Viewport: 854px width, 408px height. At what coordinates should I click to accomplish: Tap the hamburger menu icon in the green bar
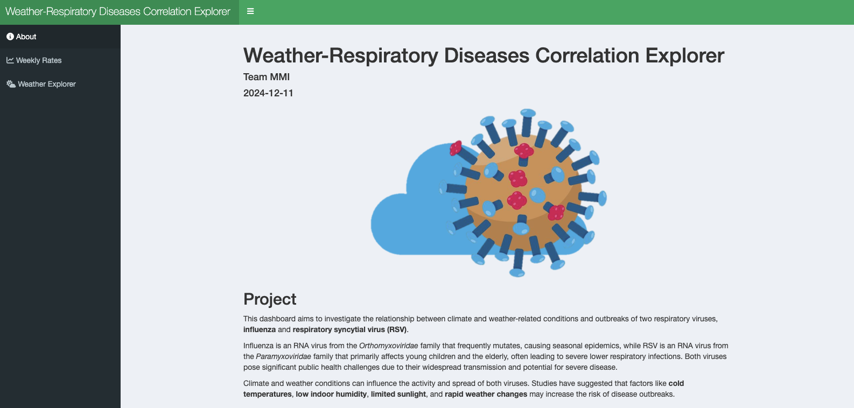250,11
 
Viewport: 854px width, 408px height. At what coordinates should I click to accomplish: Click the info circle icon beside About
10,37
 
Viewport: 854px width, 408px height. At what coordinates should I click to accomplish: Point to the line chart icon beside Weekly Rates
10,60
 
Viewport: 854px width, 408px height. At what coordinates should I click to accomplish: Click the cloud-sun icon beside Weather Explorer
11,84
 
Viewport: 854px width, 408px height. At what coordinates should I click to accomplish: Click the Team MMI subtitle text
267,77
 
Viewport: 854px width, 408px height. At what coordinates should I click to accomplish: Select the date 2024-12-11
268,93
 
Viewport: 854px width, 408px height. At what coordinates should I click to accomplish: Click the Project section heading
270,299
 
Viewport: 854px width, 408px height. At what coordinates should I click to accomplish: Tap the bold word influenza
259,329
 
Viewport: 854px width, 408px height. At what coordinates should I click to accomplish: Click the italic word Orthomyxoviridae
388,346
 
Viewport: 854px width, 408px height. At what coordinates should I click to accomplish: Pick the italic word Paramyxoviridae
283,356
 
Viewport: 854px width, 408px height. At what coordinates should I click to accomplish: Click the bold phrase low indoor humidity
331,395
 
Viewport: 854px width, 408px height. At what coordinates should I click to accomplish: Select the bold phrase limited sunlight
398,395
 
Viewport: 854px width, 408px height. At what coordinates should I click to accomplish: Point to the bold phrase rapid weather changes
486,395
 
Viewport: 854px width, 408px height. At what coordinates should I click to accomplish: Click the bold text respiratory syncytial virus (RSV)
349,329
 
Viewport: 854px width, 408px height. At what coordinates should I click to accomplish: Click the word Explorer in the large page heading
685,55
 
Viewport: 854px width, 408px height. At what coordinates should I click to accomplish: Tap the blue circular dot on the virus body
537,195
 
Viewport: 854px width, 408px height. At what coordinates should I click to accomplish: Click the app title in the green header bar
118,11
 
